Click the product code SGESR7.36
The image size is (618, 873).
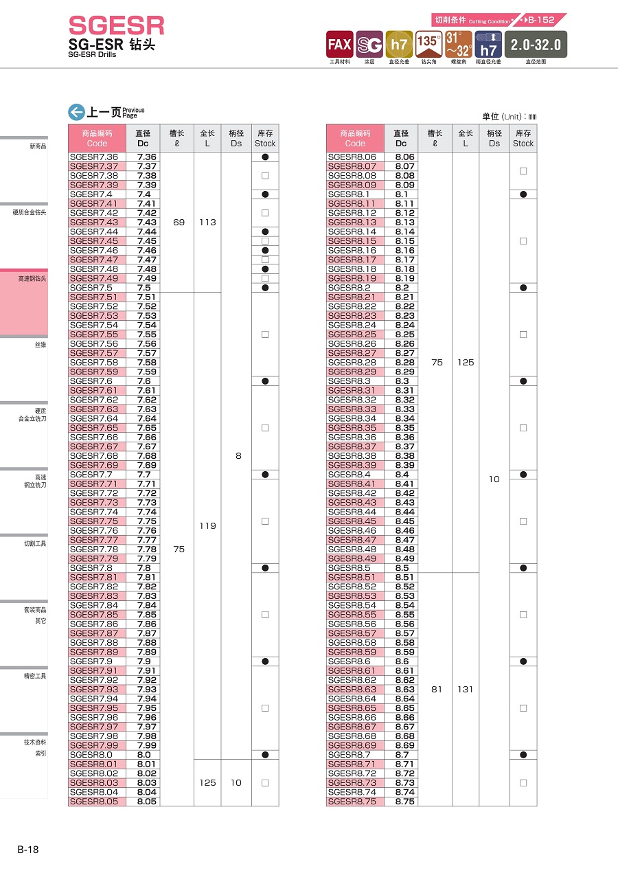[94, 157]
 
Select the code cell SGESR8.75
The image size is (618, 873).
[352, 802]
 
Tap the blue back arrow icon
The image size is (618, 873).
[76, 113]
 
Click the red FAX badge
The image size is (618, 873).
[339, 45]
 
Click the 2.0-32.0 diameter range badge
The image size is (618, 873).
[536, 45]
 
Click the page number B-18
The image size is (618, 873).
[28, 850]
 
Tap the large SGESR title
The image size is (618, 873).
[117, 26]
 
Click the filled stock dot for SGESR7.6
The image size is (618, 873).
[265, 381]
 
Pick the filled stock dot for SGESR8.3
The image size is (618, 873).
[523, 381]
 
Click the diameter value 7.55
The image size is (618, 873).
[147, 335]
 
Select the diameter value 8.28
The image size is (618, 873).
[405, 363]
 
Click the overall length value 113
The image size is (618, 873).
[207, 223]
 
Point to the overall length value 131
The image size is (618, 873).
[466, 690]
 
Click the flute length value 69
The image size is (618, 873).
[179, 223]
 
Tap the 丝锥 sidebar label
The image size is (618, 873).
[41, 345]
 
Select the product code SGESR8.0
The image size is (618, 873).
[91, 755]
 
